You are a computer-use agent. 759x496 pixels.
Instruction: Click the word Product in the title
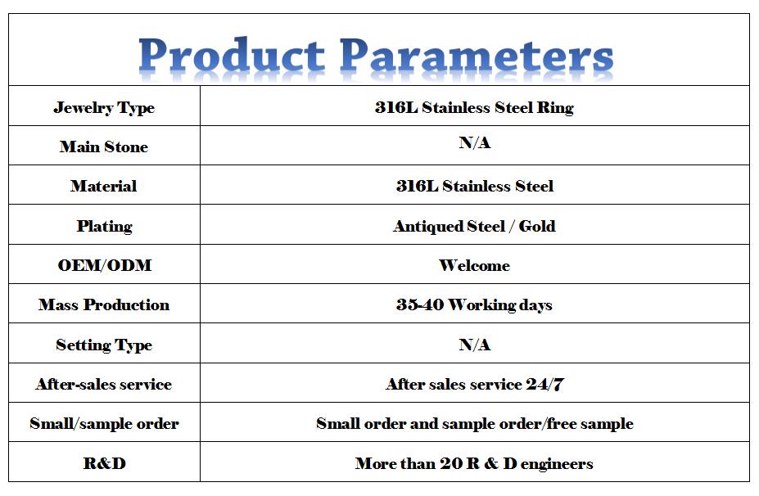tap(232, 55)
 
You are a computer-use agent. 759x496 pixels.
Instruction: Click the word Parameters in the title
tap(477, 55)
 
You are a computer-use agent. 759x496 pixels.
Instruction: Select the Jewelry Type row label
tap(104, 107)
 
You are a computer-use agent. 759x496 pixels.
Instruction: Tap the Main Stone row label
tap(104, 147)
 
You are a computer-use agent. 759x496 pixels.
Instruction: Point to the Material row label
tap(104, 186)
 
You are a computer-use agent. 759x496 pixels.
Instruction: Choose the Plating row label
tap(105, 226)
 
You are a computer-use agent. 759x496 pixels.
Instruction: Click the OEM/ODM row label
tap(105, 265)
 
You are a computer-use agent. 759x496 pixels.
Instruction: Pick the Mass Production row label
tap(104, 304)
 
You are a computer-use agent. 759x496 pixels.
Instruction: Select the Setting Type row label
tap(104, 345)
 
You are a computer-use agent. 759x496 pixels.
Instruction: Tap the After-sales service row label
tap(104, 384)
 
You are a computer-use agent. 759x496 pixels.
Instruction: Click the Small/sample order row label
tap(104, 423)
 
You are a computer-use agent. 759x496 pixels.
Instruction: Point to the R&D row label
tap(105, 463)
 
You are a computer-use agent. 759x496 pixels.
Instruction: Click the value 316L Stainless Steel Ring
tap(474, 107)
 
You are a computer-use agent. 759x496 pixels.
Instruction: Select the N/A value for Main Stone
tap(475, 142)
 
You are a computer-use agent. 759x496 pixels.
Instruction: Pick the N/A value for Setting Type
tap(475, 345)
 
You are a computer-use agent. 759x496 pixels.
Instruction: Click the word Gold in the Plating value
tap(537, 226)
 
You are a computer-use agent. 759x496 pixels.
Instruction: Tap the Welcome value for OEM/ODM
tap(474, 265)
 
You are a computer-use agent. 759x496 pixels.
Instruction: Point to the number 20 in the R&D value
tap(450, 463)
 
